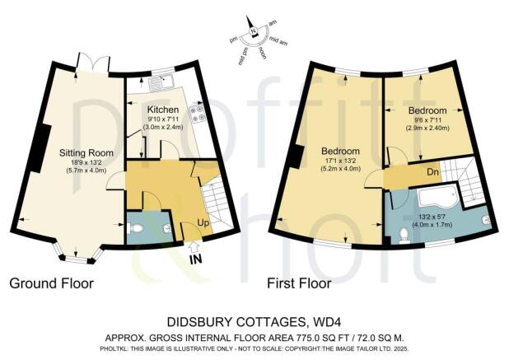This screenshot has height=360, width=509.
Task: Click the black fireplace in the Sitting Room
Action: pos(37,149)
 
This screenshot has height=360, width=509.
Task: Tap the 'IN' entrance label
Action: pos(196,259)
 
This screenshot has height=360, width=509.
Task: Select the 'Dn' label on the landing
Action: pos(432,172)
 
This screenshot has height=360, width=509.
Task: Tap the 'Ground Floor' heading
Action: pos(51,283)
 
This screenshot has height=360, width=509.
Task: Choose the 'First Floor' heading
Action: pos(299,283)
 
